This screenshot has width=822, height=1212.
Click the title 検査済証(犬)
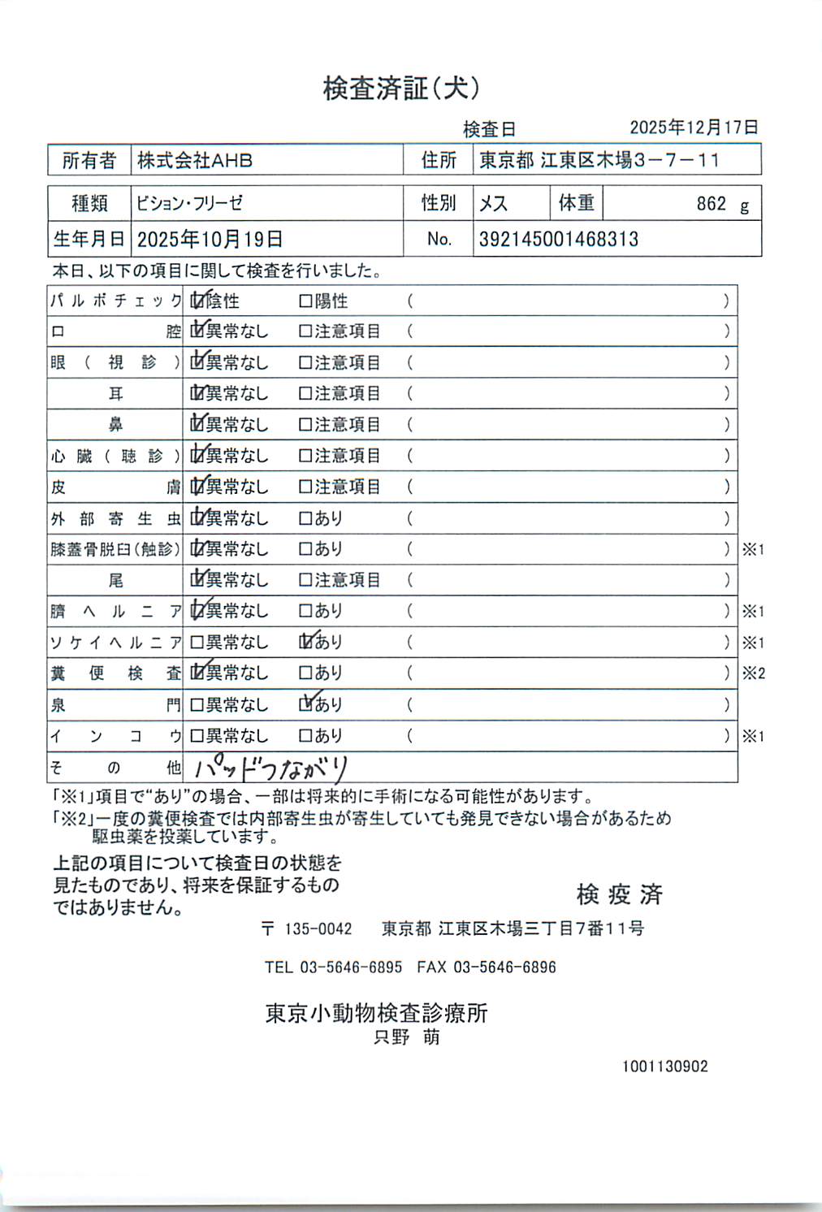(401, 88)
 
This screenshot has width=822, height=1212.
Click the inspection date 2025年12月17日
(694, 128)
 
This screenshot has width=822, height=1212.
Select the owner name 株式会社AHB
(195, 161)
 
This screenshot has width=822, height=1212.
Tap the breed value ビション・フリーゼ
(189, 203)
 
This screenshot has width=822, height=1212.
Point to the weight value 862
(711, 204)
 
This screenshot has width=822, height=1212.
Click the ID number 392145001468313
(558, 240)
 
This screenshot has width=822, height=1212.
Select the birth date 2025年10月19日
(210, 240)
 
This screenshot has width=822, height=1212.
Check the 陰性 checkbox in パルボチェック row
(197, 301)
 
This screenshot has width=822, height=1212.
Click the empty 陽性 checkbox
(305, 301)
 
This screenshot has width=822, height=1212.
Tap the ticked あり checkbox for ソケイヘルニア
(306, 642)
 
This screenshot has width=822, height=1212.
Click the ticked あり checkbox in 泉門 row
(306, 704)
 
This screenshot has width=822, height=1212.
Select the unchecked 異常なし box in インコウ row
(197, 736)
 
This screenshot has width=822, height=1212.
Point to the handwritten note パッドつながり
(270, 768)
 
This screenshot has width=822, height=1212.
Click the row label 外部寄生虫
(115, 518)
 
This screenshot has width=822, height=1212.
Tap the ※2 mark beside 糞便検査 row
(753, 673)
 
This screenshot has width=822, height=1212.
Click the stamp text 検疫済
(619, 894)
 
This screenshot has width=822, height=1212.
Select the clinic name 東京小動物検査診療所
(376, 1013)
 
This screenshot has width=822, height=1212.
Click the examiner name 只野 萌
(406, 1037)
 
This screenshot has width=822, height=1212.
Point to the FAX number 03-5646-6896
(504, 967)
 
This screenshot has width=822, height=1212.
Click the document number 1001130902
(664, 1067)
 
